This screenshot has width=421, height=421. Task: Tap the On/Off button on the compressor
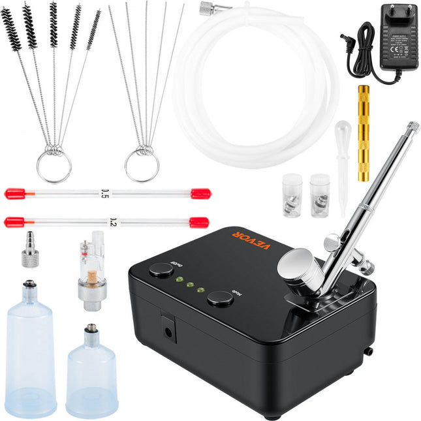[161, 268]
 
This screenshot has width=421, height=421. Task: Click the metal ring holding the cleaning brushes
[54, 166]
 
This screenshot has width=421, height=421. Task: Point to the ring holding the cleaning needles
[142, 166]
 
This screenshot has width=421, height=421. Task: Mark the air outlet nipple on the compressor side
[368, 351]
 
